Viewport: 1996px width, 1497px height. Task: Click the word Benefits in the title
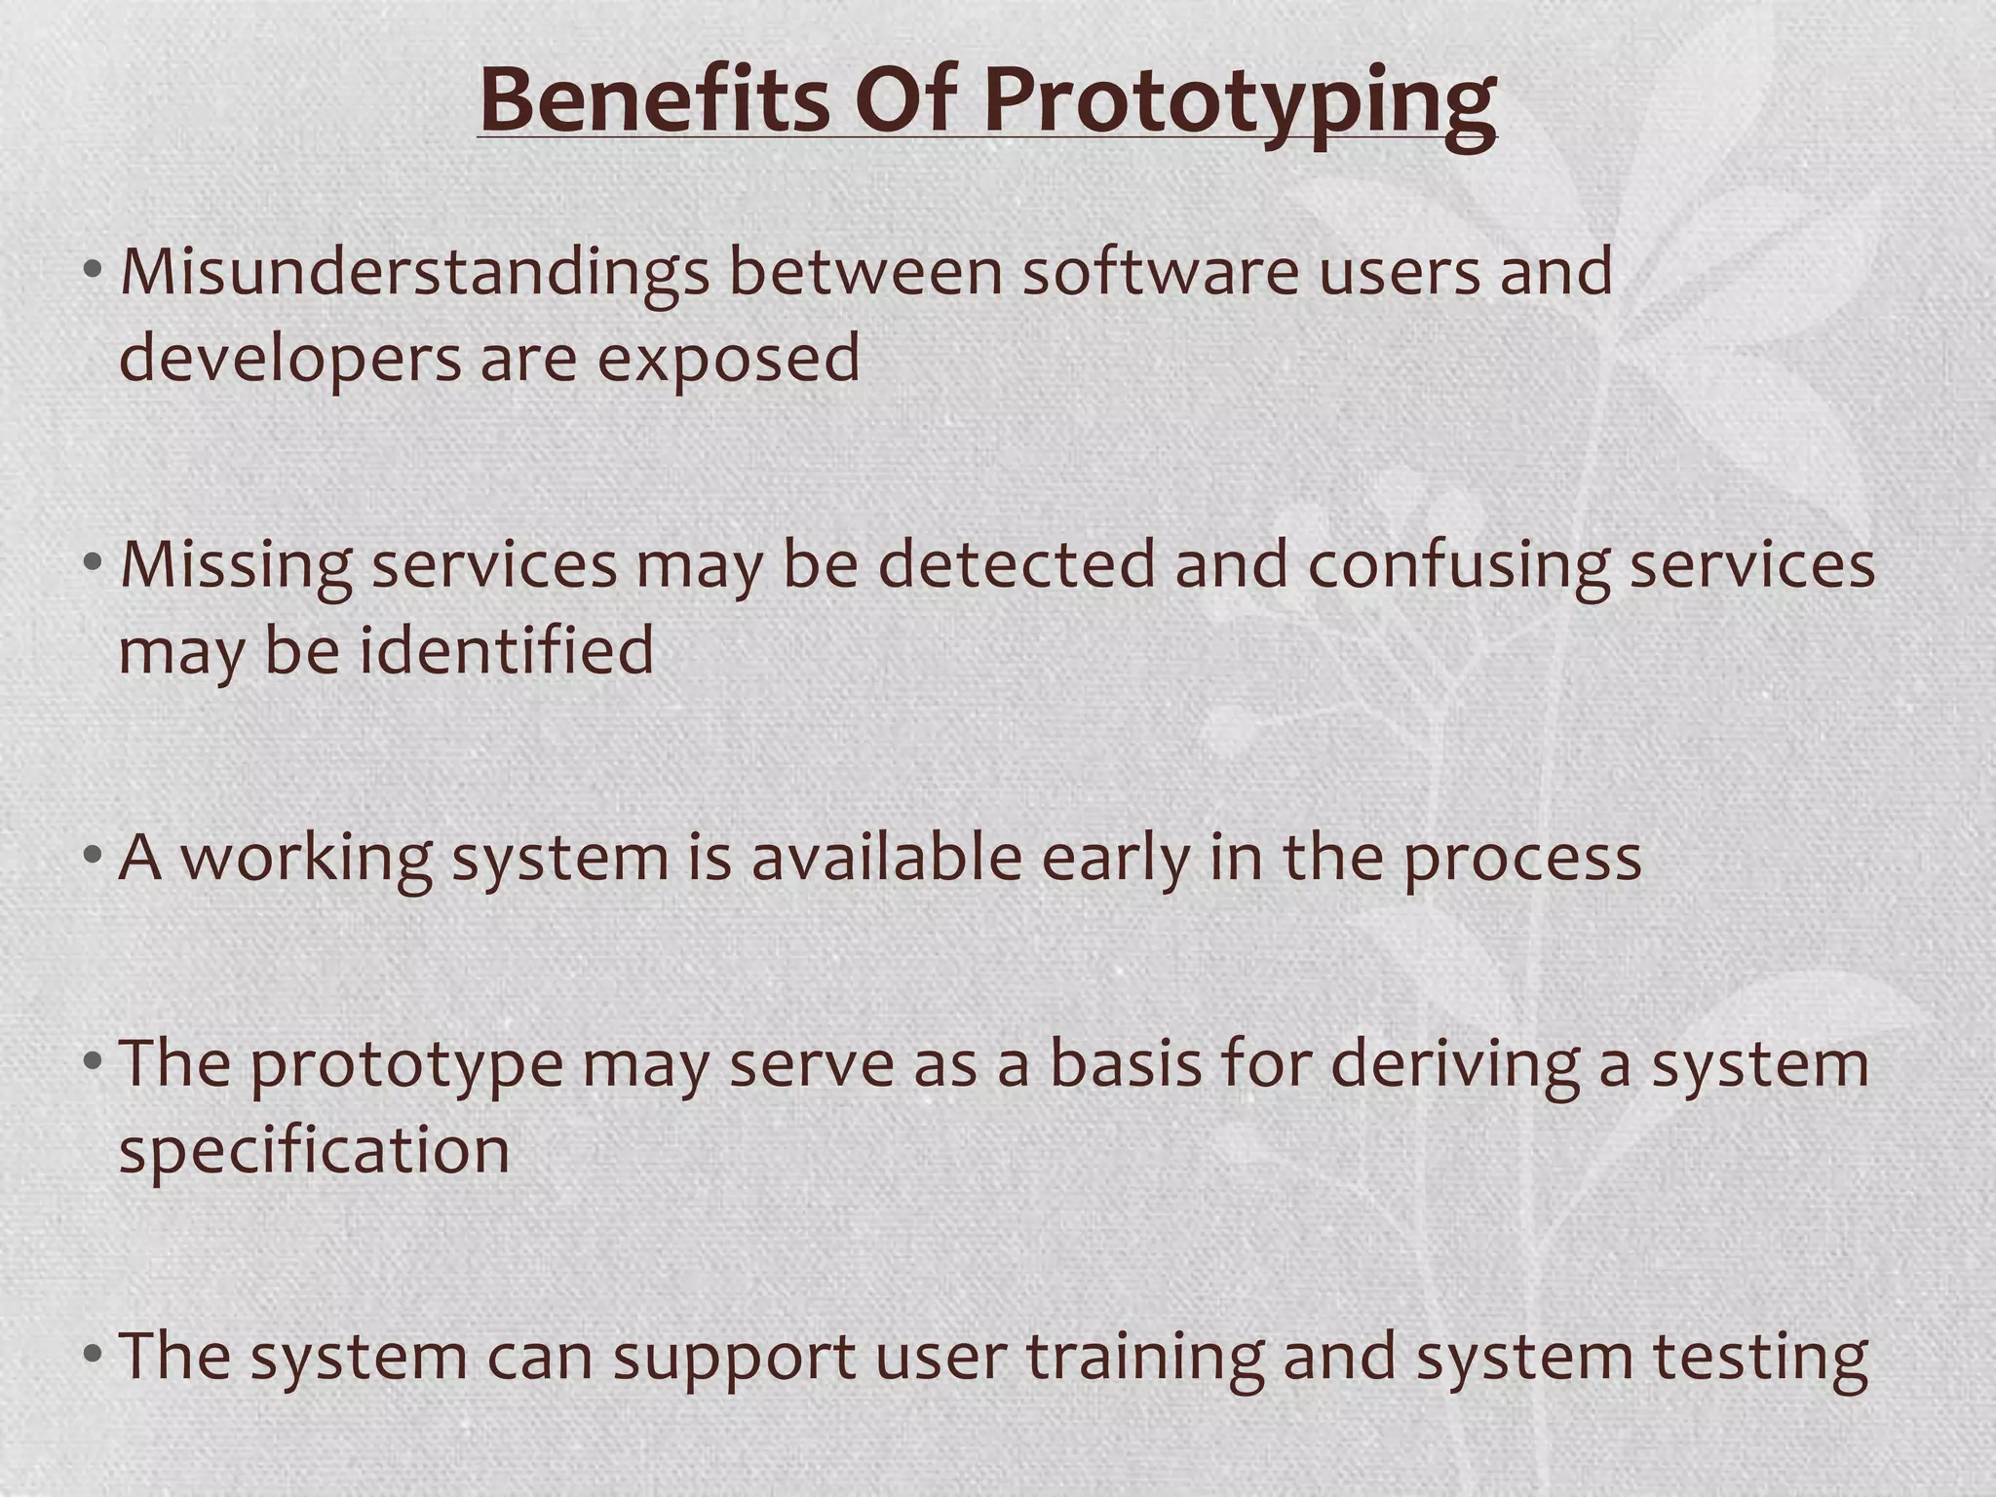click(654, 100)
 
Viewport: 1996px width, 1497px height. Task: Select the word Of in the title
click(902, 100)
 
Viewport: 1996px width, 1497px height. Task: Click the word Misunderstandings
click(414, 274)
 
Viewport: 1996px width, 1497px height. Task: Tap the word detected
click(1016, 566)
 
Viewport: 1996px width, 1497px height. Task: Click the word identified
click(507, 651)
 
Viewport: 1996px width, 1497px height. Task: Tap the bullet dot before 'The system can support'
click(93, 1355)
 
